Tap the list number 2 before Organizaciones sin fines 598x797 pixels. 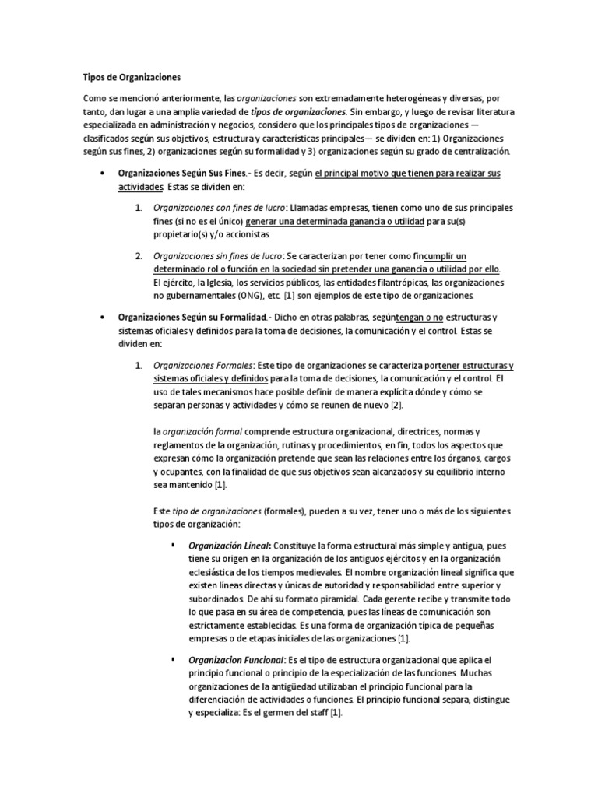pyautogui.click(x=138, y=257)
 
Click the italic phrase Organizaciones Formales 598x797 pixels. pyautogui.click(x=203, y=366)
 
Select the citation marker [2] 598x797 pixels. pyautogui.click(x=396, y=406)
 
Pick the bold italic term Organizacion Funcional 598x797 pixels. pyautogui.click(x=237, y=661)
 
